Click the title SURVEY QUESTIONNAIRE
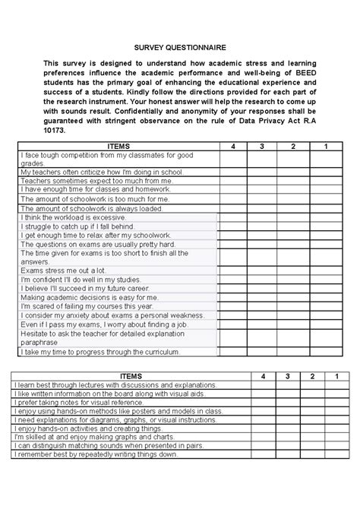(180, 46)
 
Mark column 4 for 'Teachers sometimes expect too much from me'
(235, 182)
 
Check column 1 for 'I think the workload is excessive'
(326, 217)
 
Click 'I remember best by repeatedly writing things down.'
(96, 454)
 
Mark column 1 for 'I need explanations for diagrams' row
(330, 419)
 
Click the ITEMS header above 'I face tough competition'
(118, 146)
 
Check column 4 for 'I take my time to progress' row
(235, 353)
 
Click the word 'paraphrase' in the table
(39, 342)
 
